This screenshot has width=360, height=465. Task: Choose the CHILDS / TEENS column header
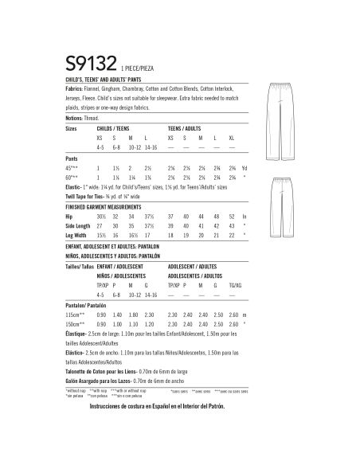[114, 127]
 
